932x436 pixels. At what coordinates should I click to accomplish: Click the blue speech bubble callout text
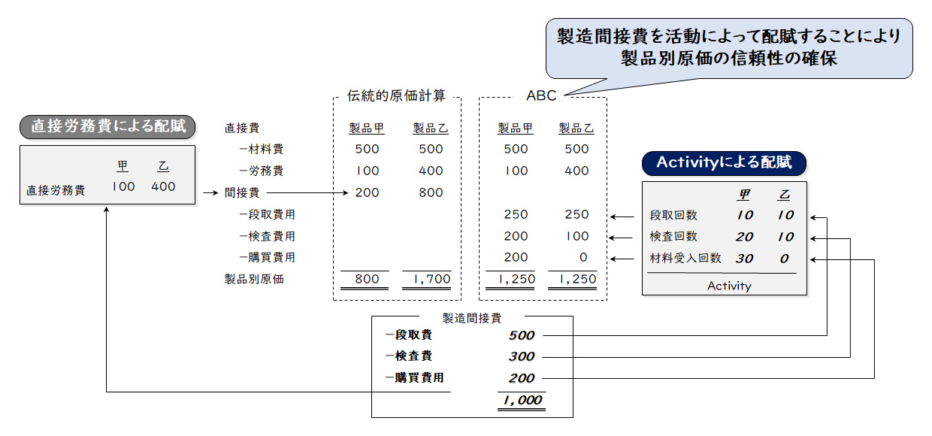[x=728, y=46]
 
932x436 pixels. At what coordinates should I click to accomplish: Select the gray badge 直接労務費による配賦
[x=107, y=126]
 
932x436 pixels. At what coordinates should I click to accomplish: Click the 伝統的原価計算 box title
[x=396, y=95]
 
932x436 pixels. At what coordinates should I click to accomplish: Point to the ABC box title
[x=542, y=95]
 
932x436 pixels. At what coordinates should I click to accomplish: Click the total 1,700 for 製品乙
[x=431, y=279]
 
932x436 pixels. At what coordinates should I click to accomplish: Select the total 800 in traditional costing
[x=367, y=279]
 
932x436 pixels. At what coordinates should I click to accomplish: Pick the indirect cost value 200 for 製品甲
[x=367, y=192]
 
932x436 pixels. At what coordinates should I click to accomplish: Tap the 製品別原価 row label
[x=254, y=279]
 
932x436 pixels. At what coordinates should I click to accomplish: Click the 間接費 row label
[x=241, y=192]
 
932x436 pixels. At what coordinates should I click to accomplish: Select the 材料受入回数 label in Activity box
[x=685, y=258]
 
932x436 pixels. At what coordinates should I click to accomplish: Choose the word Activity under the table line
[x=728, y=286]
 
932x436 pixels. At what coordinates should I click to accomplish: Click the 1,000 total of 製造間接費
[x=520, y=400]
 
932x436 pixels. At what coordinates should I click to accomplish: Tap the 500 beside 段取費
[x=521, y=335]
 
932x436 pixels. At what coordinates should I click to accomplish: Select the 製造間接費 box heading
[x=472, y=318]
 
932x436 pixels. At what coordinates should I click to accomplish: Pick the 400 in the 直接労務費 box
[x=163, y=186]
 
